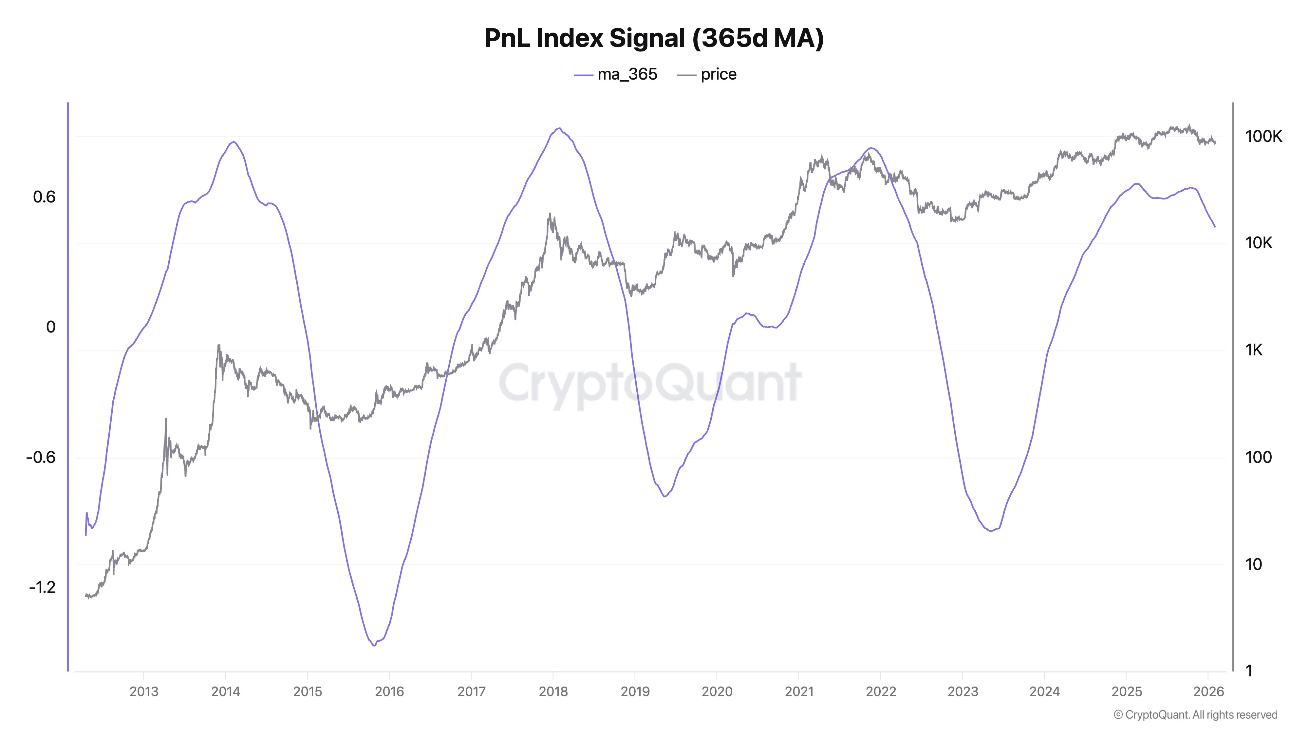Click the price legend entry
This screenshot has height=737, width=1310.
[707, 74]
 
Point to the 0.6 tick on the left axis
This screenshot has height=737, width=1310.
[44, 197]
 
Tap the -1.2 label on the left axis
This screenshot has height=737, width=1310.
[42, 587]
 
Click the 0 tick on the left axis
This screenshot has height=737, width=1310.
[51, 327]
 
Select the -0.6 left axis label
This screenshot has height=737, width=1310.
[41, 457]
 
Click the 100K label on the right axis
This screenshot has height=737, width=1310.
[1263, 136]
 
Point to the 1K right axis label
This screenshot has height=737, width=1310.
[1254, 350]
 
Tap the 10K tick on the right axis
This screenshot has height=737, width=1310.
[1259, 243]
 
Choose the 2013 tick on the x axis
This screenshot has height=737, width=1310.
[144, 691]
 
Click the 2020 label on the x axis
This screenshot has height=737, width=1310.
[717, 691]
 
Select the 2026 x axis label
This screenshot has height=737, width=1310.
[1208, 691]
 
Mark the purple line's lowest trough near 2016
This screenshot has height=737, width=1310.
[374, 645]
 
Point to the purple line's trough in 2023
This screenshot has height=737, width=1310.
[991, 531]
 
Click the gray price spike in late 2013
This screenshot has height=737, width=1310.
[219, 346]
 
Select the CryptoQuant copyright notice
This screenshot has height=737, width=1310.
[1195, 715]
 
